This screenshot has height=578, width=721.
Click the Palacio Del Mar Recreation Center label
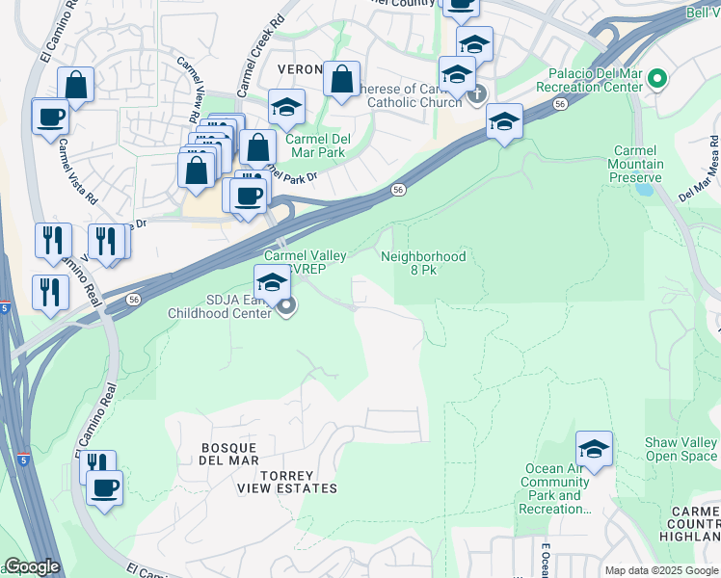tap(596, 80)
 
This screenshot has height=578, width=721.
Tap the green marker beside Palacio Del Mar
tap(659, 79)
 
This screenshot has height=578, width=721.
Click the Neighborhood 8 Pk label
tap(423, 263)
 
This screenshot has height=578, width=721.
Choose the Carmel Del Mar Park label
tap(316, 145)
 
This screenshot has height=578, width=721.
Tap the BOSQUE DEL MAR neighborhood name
tap(229, 454)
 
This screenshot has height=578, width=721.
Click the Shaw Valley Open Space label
tap(681, 450)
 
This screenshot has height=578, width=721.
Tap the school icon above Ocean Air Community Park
tap(595, 449)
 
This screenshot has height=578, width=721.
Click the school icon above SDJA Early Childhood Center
tap(273, 283)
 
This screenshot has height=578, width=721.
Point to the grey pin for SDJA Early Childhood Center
tap(286, 306)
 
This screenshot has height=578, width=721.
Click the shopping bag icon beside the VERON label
tap(341, 80)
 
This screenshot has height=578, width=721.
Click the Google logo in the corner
tap(32, 567)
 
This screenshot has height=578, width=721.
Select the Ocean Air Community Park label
tap(557, 488)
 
